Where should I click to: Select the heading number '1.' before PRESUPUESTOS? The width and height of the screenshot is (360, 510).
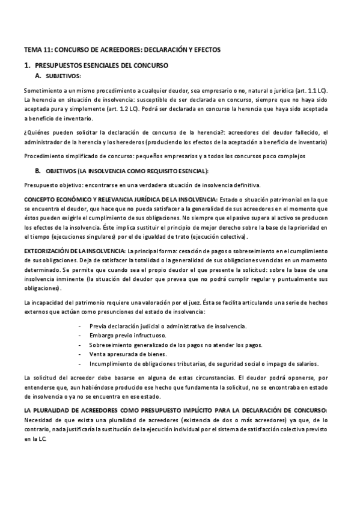27,64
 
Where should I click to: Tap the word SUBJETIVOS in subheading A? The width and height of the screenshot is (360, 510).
63,76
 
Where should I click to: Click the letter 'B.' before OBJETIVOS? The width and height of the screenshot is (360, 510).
38,171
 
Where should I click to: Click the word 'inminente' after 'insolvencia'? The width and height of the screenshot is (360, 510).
64,280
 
